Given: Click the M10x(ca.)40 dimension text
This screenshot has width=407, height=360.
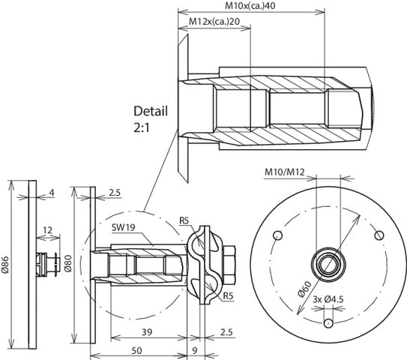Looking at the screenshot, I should point(251,5).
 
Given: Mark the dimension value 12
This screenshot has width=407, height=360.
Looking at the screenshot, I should point(47,229).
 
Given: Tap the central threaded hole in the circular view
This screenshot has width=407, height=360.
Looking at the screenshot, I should point(328,263).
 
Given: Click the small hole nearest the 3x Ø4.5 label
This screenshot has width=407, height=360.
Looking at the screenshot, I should point(328,323).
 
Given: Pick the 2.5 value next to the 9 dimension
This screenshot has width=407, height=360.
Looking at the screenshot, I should point(226,331).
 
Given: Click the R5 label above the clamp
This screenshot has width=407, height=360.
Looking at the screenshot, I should point(185,220).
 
